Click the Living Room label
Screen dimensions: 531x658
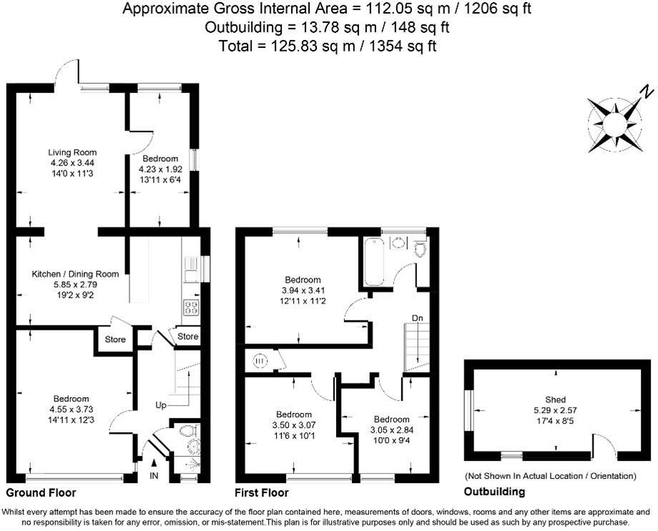click(72, 152)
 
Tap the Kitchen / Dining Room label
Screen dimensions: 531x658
click(74, 273)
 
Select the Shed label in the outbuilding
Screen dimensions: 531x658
click(556, 399)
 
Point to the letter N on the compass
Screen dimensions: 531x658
click(645, 92)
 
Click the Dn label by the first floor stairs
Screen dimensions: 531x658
click(416, 317)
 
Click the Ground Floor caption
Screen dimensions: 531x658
click(41, 493)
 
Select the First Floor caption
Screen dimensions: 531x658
click(262, 493)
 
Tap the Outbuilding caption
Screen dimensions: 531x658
click(494, 492)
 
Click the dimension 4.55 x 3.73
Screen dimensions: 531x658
click(70, 409)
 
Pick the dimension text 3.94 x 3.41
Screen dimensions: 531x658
click(303, 291)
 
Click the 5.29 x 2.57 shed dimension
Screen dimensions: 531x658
click(556, 410)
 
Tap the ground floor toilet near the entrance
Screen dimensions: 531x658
click(187, 432)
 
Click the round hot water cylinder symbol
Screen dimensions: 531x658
click(259, 362)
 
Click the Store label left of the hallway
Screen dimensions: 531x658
click(114, 339)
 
